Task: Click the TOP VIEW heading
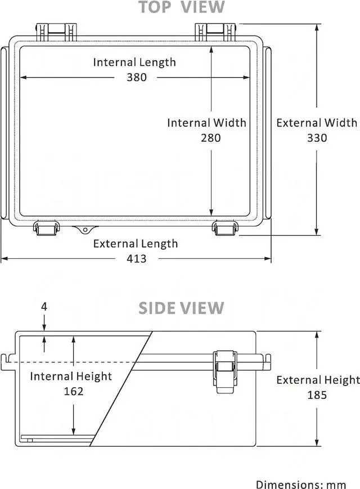click(181, 7)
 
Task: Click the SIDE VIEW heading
click(181, 308)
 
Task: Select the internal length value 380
click(136, 77)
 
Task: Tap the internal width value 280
click(210, 137)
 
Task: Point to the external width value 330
click(317, 137)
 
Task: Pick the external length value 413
click(136, 258)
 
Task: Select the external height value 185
click(317, 394)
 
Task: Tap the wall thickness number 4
click(44, 307)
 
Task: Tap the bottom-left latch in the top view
click(46, 228)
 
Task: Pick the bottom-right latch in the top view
click(225, 228)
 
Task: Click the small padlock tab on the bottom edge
click(84, 228)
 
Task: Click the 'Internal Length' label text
click(134, 62)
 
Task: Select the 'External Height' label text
click(318, 380)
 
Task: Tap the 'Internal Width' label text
click(206, 123)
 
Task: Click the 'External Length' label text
click(135, 243)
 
